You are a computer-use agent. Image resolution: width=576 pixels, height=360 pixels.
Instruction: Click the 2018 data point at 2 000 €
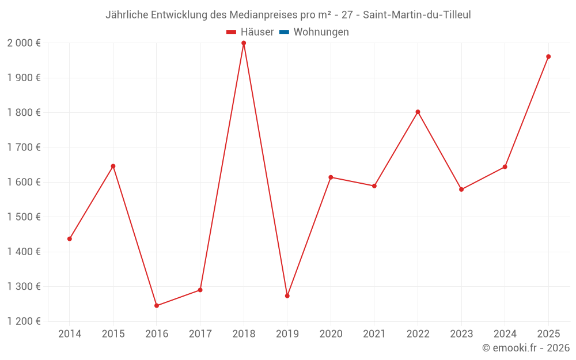(x=244, y=43)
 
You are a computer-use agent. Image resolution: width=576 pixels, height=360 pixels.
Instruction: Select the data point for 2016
(x=157, y=306)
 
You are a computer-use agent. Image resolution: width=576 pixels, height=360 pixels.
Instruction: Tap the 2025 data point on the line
(x=548, y=56)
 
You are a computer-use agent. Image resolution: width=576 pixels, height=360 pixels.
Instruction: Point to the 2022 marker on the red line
(x=418, y=112)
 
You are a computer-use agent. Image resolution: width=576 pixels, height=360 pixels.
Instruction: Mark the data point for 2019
(x=287, y=296)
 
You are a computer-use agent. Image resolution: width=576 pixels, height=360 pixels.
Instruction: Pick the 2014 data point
(x=70, y=239)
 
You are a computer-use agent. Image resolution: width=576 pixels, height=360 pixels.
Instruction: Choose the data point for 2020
(x=331, y=177)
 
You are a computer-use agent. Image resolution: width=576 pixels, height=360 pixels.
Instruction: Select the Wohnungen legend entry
(x=321, y=32)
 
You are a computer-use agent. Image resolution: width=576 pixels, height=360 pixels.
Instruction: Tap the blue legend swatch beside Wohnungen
(x=284, y=32)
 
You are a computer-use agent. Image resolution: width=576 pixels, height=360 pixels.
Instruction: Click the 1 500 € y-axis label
(x=24, y=217)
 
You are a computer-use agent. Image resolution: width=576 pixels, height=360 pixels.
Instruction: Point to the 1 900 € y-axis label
(x=24, y=78)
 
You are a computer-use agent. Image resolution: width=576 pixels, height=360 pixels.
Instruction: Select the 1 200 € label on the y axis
(x=24, y=321)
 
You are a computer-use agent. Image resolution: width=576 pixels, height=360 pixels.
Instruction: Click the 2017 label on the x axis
(x=200, y=334)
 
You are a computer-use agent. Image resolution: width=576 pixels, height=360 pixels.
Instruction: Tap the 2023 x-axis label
(x=461, y=334)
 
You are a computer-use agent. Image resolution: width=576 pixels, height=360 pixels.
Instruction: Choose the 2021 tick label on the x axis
(x=374, y=334)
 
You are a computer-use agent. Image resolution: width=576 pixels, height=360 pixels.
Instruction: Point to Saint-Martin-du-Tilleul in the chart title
(x=417, y=15)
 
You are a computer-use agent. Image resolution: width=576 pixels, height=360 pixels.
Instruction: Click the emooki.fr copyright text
(x=526, y=348)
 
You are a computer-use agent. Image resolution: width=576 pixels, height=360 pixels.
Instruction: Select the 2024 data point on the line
(x=505, y=167)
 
